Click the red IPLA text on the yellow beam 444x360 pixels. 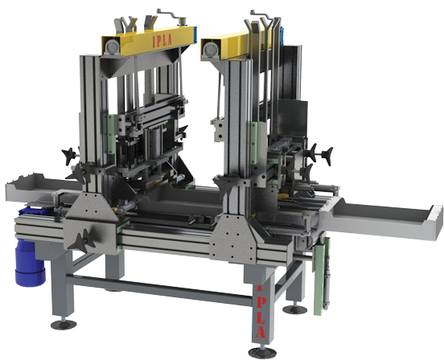point(162,40)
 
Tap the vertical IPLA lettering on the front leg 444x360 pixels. point(261,312)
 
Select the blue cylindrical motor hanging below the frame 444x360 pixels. point(29,262)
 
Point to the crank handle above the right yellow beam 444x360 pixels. point(262,14)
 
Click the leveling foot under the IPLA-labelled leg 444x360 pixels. point(262,352)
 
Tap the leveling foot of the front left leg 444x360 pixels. point(64,324)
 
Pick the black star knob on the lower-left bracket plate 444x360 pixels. point(82,241)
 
